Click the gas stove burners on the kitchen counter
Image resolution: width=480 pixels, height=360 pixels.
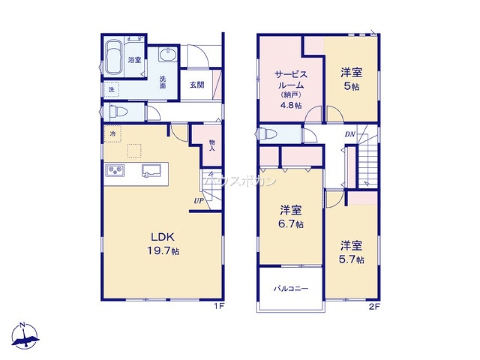(x=115, y=170)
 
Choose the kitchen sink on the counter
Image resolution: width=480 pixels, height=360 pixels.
(x=152, y=171)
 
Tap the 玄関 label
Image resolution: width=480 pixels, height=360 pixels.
(x=197, y=85)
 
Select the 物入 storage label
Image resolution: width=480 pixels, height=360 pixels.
(x=211, y=145)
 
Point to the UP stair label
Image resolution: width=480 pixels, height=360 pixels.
(x=198, y=201)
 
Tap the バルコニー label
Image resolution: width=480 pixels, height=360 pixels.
(x=291, y=288)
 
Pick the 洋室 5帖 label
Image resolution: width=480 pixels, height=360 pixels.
(x=351, y=79)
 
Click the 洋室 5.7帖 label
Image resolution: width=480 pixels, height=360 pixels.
(x=351, y=252)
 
